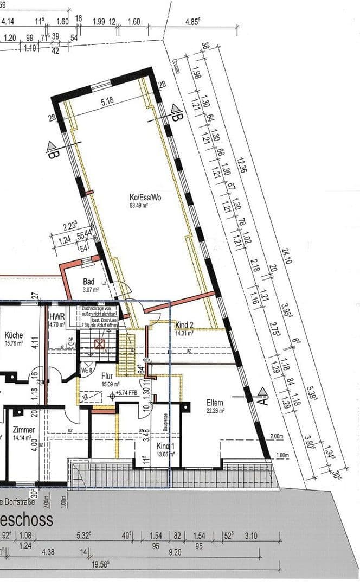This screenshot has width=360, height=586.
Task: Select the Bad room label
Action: [89, 282]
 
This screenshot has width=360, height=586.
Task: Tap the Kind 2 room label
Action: [185, 326]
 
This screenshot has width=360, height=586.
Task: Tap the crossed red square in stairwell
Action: [99, 344]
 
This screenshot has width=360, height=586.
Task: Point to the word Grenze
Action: [175, 68]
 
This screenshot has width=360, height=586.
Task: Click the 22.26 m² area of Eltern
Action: [215, 410]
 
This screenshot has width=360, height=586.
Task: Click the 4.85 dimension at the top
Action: [194, 22]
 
